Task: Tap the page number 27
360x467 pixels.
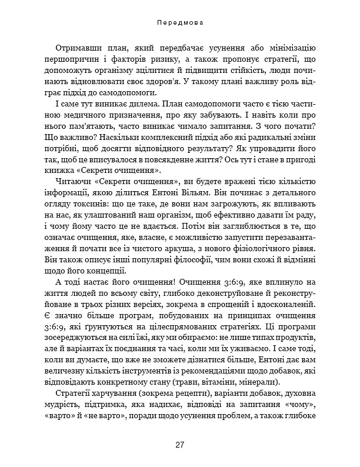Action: [180, 444]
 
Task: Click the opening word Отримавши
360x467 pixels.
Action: [79, 48]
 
